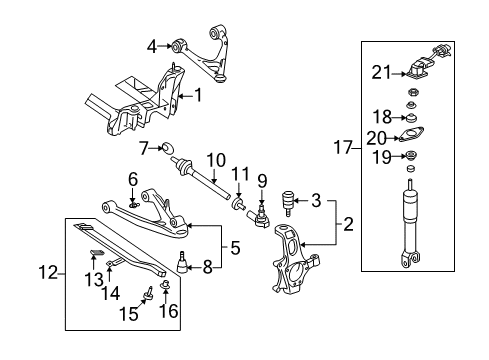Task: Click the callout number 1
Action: (x=198, y=97)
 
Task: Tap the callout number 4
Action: (x=153, y=45)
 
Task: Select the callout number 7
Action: (x=144, y=149)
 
